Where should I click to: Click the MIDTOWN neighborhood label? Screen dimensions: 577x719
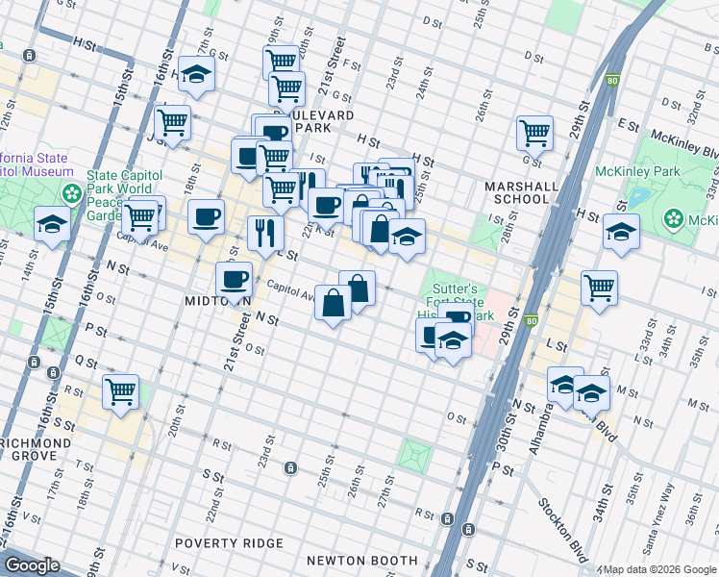[217, 301]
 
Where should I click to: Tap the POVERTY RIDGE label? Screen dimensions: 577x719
[229, 542]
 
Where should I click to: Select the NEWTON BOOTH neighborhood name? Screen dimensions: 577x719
[361, 560]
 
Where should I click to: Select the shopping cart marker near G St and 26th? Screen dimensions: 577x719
[534, 132]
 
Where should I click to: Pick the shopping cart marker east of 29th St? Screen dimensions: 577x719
[599, 287]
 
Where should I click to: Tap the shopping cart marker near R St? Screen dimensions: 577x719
[121, 390]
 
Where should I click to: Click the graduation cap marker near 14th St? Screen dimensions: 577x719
[52, 224]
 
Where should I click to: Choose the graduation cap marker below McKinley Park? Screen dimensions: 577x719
[621, 232]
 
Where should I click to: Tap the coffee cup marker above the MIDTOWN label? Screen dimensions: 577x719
[233, 280]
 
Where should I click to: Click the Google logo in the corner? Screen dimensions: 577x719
[32, 565]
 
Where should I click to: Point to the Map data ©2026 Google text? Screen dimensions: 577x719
[659, 569]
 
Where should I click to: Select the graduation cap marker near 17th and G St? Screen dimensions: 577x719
[196, 74]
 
